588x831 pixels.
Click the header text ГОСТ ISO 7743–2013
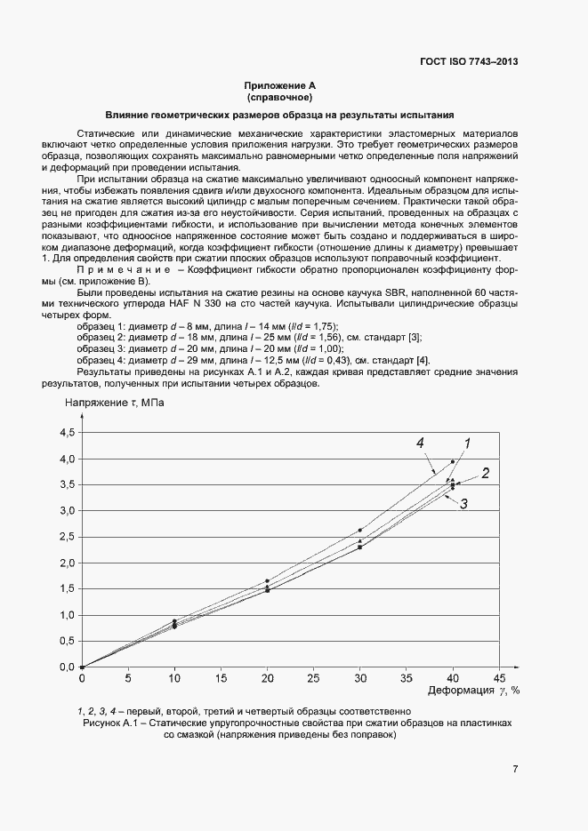click(468, 61)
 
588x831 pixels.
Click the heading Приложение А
click(280, 86)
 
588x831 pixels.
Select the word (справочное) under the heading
click(280, 97)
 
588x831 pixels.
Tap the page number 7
click(515, 770)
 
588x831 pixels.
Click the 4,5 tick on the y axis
click(68, 433)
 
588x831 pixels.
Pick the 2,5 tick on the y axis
click(68, 537)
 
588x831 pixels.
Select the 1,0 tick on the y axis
click(68, 615)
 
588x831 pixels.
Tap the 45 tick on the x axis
click(501, 678)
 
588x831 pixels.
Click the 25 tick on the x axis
click(314, 678)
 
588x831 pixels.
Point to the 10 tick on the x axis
click(175, 678)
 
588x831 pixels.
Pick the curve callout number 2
click(486, 473)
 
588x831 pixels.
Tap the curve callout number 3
click(463, 504)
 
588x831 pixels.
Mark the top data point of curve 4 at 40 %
click(453, 461)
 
